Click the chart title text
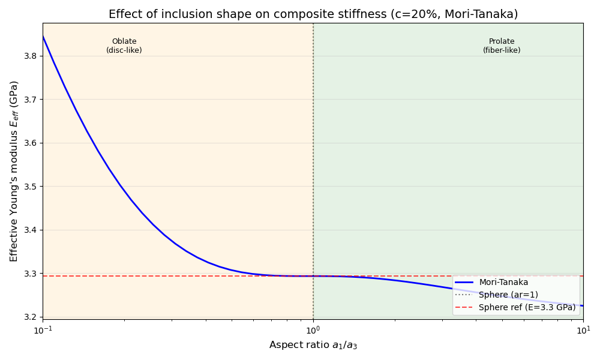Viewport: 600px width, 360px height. click(x=313, y=14)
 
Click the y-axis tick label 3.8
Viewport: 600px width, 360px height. click(x=29, y=56)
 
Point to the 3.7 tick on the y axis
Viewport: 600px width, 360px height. click(x=29, y=100)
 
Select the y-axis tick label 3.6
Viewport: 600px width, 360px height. click(x=29, y=143)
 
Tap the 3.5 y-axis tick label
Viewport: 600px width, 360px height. click(x=29, y=187)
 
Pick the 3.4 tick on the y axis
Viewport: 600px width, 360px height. click(x=29, y=230)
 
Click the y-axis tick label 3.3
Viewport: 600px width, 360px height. click(x=29, y=274)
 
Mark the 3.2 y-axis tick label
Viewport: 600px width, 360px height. click(x=29, y=317)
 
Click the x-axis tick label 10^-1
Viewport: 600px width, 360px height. click(x=43, y=330)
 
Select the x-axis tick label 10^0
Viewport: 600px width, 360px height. click(x=313, y=330)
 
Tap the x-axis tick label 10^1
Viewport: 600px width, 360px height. click(x=583, y=330)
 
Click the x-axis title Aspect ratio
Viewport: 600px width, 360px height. click(x=313, y=345)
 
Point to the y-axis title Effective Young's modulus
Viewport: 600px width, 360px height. click(x=14, y=171)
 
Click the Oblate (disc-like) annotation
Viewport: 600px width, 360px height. click(x=124, y=46)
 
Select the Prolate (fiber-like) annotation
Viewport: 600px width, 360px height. click(x=502, y=46)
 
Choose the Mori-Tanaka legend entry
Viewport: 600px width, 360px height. click(x=503, y=283)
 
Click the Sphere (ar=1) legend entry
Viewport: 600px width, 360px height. click(x=508, y=295)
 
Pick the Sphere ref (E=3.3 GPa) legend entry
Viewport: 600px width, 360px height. click(x=527, y=307)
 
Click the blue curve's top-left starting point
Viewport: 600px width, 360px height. click(x=43, y=37)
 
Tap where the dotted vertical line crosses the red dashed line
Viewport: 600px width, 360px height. click(x=313, y=276)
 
